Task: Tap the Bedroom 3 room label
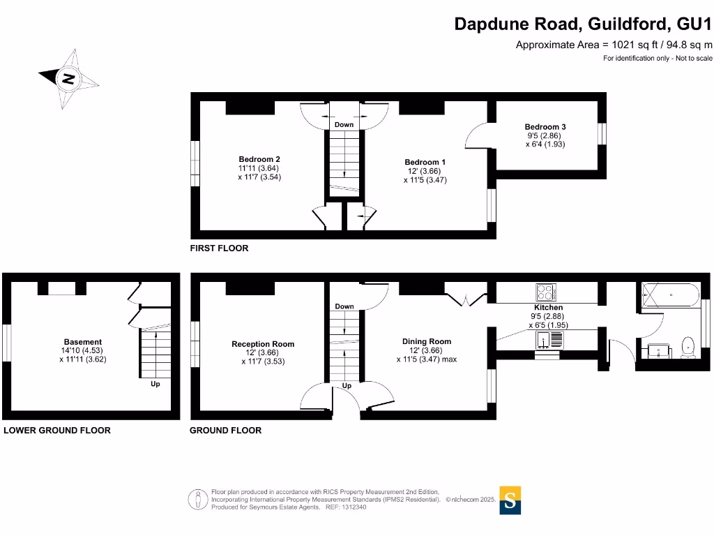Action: (545, 127)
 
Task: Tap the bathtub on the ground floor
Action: (669, 295)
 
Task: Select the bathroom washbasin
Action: (658, 350)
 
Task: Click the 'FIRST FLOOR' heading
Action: (219, 248)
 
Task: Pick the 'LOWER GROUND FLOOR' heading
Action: (57, 431)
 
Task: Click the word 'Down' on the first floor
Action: (344, 125)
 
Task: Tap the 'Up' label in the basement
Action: (155, 384)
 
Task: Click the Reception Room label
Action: (263, 344)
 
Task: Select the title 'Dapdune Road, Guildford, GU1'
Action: (583, 24)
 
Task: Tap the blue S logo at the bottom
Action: (510, 500)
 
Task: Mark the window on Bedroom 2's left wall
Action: (196, 164)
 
